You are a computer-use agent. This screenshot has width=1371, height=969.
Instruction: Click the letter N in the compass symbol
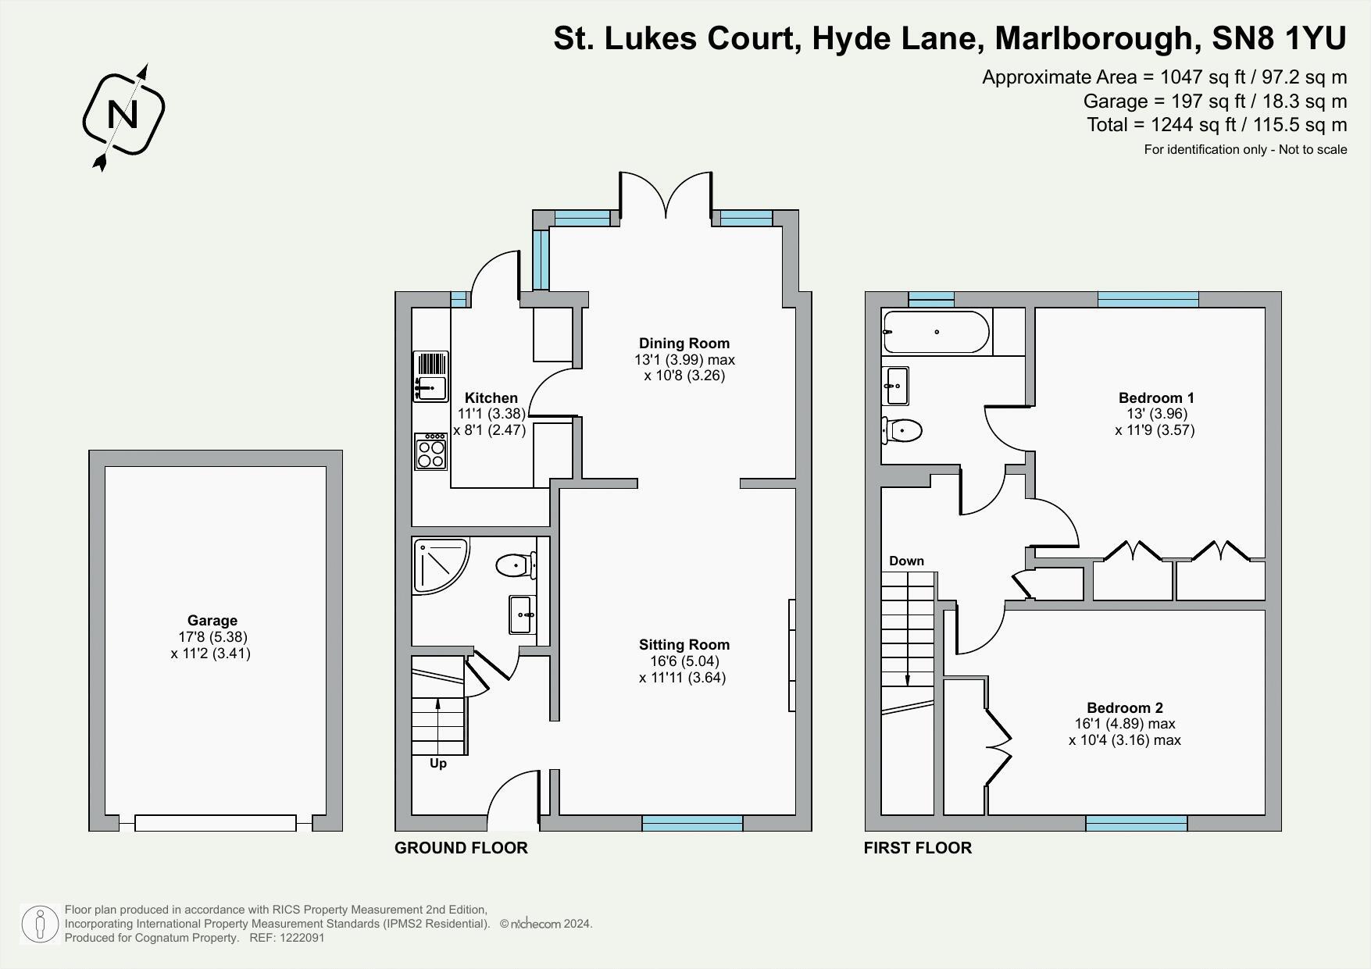(123, 115)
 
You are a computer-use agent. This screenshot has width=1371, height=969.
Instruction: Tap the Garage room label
(212, 621)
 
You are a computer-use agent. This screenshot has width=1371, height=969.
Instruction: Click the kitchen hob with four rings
(430, 451)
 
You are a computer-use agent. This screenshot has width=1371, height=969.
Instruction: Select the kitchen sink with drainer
(430, 376)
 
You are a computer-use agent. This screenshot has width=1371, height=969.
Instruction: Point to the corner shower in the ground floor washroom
(438, 564)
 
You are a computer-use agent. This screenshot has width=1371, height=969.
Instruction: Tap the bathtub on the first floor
(935, 332)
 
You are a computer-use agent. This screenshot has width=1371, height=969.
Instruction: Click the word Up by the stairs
(437, 764)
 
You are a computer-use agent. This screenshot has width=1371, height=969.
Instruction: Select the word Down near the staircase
(906, 561)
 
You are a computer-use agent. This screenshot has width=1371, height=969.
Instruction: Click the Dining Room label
(684, 343)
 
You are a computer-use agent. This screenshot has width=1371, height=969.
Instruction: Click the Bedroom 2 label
(1124, 708)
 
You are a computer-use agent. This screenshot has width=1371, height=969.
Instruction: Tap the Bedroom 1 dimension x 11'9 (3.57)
(1155, 430)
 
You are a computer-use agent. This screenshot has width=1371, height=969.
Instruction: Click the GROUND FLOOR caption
(461, 848)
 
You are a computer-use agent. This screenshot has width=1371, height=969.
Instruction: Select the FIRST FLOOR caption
(917, 848)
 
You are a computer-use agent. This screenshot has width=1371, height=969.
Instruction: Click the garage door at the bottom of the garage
(215, 822)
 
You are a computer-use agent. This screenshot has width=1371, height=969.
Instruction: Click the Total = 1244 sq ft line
(1216, 125)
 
